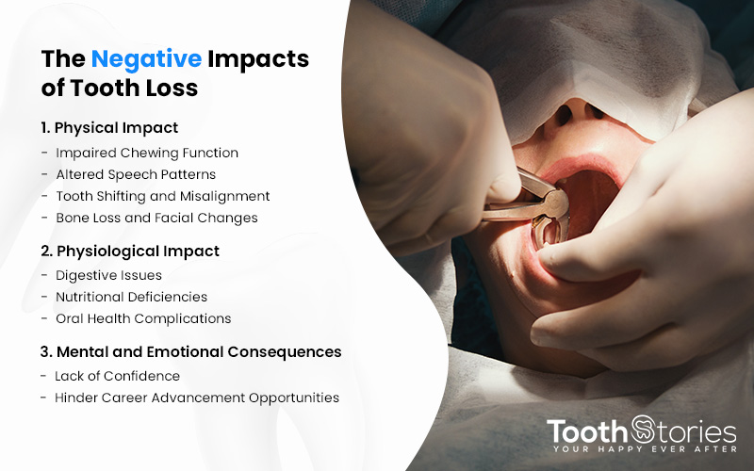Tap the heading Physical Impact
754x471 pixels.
click(x=116, y=128)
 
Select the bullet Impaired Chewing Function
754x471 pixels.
click(x=147, y=153)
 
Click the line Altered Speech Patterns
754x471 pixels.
click(x=136, y=174)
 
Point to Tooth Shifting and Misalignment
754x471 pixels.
click(x=162, y=196)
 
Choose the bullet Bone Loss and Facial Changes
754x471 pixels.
click(x=156, y=218)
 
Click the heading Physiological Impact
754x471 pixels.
click(x=138, y=252)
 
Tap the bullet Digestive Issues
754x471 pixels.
click(x=108, y=275)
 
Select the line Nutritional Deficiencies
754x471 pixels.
click(x=131, y=297)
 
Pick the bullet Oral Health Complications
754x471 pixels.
click(x=143, y=318)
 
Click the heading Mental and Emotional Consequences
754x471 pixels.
click(x=199, y=351)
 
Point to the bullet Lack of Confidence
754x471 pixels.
click(x=117, y=376)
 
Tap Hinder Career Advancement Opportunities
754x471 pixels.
click(x=197, y=398)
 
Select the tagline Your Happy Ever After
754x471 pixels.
click(x=645, y=449)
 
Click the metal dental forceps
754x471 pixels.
click(x=528, y=206)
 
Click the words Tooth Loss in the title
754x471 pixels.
click(x=134, y=88)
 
